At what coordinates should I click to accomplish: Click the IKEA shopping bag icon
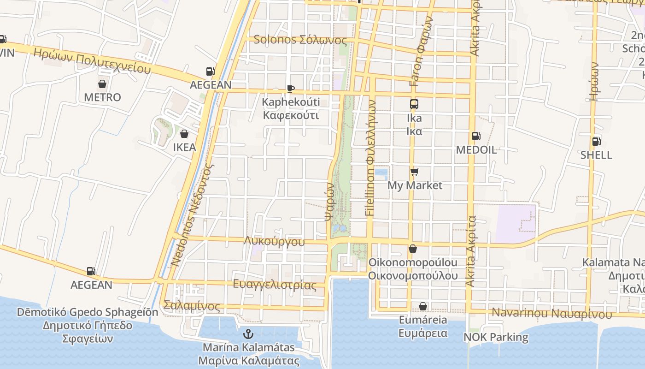coord(184,134)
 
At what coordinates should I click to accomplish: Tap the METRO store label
coord(102,97)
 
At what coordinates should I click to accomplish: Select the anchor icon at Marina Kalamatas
coord(249,333)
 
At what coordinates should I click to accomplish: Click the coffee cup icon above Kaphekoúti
coord(290,88)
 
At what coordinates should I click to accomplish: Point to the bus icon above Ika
coord(414,104)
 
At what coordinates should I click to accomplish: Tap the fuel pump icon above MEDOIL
coord(475,136)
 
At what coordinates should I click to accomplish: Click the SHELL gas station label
coord(596,155)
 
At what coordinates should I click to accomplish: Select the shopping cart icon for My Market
coord(415,172)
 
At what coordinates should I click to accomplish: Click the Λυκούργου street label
coord(275,241)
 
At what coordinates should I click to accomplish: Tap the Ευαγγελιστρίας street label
coord(275,284)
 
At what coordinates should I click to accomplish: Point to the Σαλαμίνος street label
coord(192,305)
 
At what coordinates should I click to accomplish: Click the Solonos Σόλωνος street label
coord(300,40)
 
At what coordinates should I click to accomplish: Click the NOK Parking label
coord(496,337)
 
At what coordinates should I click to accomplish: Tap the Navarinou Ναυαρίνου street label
coord(551,313)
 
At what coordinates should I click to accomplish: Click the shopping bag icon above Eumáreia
coord(423,306)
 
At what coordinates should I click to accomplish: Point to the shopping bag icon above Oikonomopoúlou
coord(413,249)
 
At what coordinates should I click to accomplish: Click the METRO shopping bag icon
coord(102,84)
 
